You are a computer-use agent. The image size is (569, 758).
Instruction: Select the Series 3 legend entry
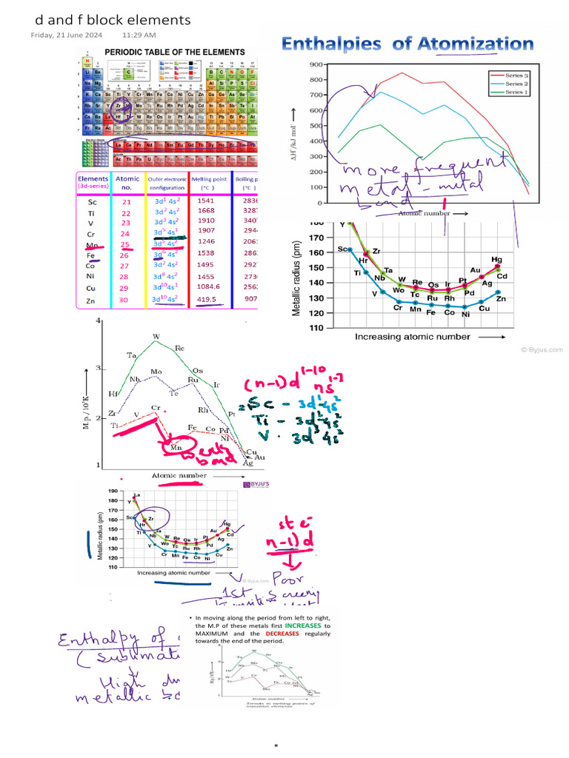coord(514,75)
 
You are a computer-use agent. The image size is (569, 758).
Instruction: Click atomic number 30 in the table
coord(126,301)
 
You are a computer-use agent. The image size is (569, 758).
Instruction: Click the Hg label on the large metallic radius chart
coord(496,260)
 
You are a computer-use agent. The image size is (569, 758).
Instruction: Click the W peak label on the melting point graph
coord(156,337)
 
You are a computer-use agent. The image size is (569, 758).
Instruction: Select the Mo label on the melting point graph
coord(156,371)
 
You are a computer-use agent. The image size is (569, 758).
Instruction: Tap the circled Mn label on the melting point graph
coord(176,447)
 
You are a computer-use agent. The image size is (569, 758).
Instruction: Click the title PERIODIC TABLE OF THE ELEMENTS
coord(174,52)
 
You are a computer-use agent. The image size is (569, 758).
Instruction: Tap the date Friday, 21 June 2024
coord(65,35)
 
